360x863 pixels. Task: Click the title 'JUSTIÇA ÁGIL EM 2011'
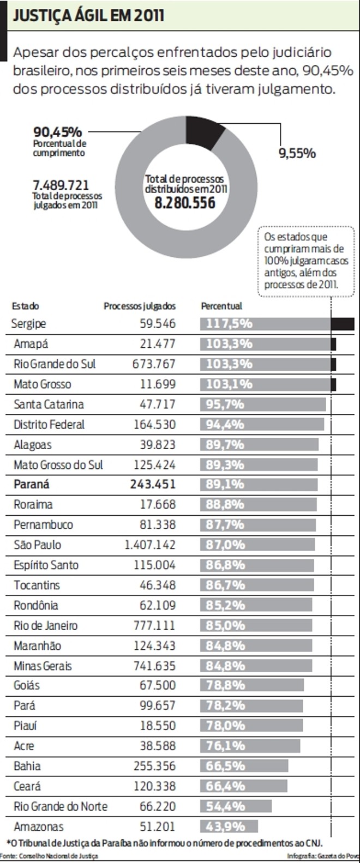coord(88,15)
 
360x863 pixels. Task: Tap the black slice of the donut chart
coord(204,130)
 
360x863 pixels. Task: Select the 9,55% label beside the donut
coord(297,153)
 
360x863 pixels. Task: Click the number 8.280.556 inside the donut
coord(185,203)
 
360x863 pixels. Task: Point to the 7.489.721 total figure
coord(61,185)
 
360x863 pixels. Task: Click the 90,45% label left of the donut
coord(57,132)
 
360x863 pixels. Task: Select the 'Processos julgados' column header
coord(140,306)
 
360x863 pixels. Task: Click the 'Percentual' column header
coord(221,306)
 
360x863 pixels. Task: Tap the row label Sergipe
coord(28,324)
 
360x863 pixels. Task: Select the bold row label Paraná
coord(32,484)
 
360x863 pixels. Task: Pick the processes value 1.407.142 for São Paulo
coord(150,545)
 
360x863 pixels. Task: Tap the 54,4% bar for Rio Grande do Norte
coord(236,806)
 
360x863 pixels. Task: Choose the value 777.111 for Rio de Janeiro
coord(154,625)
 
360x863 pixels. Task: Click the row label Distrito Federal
coord(49,424)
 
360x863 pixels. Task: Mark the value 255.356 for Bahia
coord(154,766)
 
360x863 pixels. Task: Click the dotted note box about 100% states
coord(306,261)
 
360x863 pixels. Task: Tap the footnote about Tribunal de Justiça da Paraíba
coord(164,843)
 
